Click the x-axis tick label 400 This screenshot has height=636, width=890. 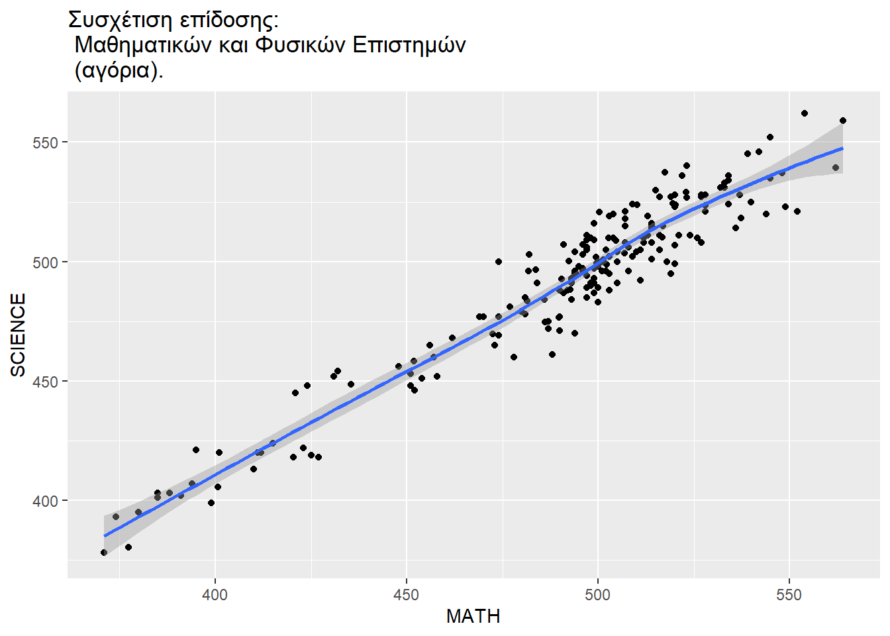(x=215, y=594)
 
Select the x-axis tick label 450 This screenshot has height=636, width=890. (x=406, y=594)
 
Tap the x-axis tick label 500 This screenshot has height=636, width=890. (x=597, y=594)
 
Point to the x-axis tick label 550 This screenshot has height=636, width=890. (x=789, y=594)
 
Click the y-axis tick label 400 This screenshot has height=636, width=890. (x=46, y=502)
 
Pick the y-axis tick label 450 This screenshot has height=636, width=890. (x=46, y=382)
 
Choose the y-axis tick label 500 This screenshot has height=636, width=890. (x=46, y=262)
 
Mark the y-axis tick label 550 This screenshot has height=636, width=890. (x=46, y=143)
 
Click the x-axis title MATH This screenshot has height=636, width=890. (x=473, y=617)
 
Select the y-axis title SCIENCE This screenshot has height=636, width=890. (x=19, y=335)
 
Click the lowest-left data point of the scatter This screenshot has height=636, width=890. (x=104, y=553)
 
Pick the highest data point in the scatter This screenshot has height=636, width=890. (x=805, y=113)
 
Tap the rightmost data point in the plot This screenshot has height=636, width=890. (x=843, y=121)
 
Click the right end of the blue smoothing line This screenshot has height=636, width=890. (x=843, y=148)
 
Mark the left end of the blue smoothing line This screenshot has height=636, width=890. (x=104, y=535)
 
